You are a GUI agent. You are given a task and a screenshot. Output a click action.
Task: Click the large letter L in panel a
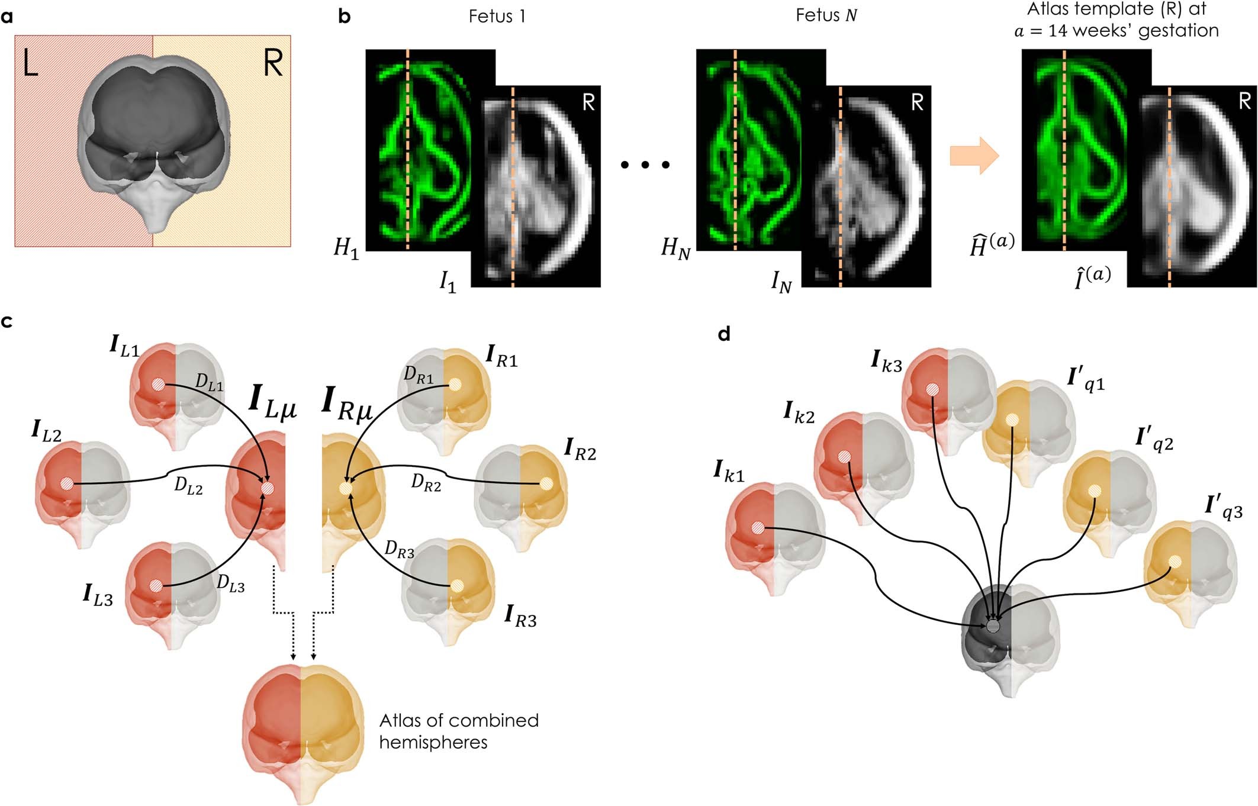(x=30, y=63)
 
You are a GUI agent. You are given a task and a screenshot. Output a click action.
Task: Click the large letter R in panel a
(x=273, y=63)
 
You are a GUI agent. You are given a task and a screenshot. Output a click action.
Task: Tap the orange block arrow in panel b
(x=974, y=156)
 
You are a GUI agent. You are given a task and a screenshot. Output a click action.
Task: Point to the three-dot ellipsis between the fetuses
(x=645, y=165)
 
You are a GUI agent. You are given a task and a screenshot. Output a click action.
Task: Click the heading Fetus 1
(x=497, y=16)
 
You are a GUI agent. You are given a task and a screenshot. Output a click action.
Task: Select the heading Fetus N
(x=826, y=15)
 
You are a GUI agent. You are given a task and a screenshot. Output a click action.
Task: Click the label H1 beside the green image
(x=346, y=248)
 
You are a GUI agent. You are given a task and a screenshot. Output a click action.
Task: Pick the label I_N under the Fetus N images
(x=781, y=282)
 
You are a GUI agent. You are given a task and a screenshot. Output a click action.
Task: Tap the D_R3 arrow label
(x=399, y=550)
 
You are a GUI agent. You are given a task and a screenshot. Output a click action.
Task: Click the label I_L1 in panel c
(x=124, y=347)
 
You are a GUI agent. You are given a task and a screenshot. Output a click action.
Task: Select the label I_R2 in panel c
(x=580, y=450)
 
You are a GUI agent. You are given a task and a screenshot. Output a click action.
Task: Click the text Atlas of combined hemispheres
(x=459, y=731)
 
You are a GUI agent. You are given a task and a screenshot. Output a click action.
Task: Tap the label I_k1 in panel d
(x=729, y=472)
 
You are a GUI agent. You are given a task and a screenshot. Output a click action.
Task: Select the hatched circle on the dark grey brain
(x=993, y=626)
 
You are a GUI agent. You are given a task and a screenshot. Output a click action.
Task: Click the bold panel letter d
(x=723, y=335)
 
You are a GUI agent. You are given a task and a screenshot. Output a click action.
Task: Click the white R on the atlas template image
(x=1244, y=101)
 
